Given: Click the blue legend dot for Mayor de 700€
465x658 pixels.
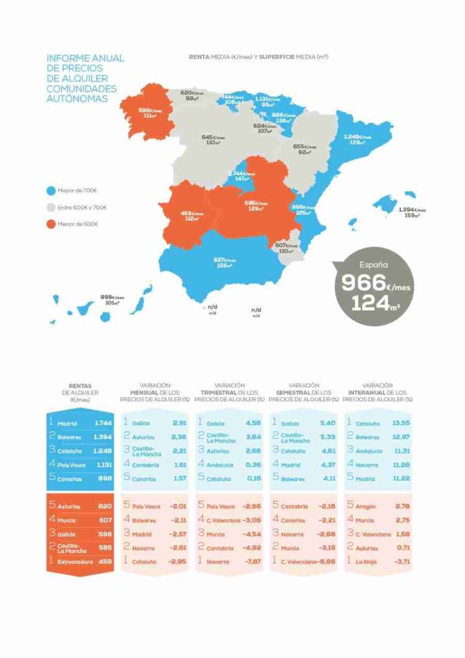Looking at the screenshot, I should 51,191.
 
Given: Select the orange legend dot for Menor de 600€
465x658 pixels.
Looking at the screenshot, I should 51,223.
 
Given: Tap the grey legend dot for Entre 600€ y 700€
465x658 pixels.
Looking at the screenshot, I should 51,207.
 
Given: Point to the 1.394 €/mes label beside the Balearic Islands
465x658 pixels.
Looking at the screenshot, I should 412,210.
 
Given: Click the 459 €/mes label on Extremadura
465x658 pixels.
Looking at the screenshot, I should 191,214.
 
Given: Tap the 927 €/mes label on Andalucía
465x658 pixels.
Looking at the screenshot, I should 223,260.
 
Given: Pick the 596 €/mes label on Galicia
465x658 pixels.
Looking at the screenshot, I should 150,110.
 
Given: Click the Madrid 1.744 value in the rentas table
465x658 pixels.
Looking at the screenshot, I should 103,423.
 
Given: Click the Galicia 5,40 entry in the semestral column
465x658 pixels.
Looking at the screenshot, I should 305,423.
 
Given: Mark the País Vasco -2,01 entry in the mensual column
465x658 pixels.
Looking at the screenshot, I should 156,506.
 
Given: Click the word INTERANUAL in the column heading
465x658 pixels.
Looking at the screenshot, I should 363,392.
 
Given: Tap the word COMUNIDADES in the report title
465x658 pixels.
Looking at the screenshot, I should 82,88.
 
